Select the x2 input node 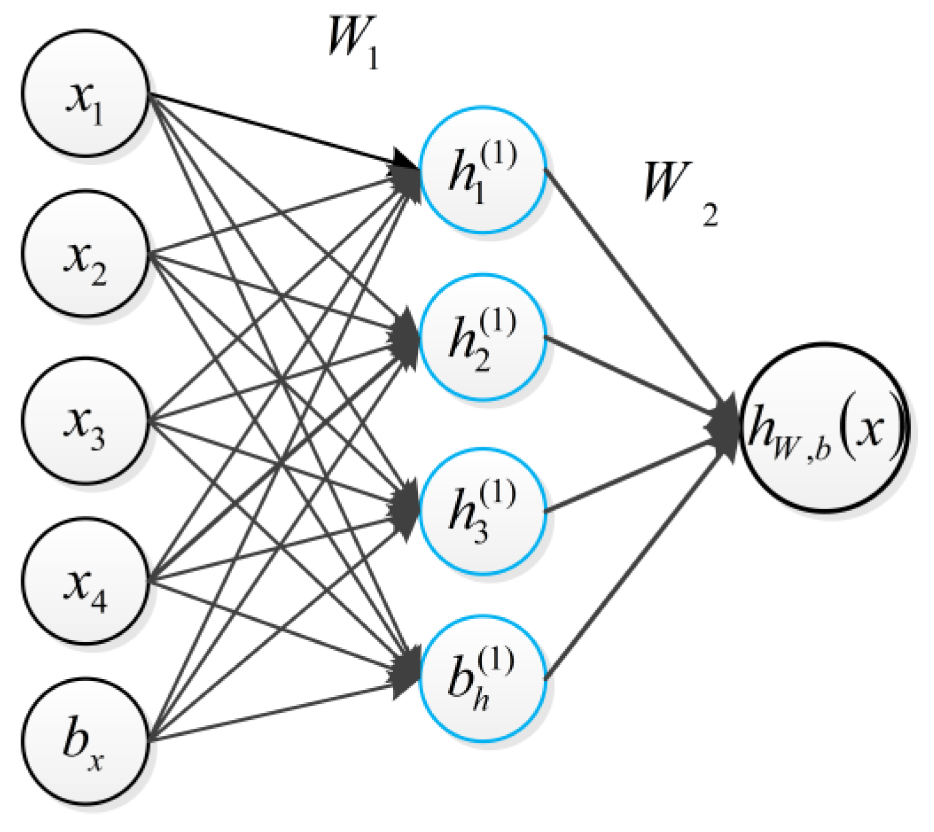tap(85, 254)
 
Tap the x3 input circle tap(85, 421)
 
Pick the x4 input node tap(85, 581)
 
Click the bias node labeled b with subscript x tap(85, 741)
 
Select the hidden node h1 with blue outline tap(482, 169)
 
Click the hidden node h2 tap(482, 338)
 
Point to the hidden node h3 tap(482, 510)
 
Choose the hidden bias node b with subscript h tap(482, 679)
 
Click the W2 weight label tap(679, 192)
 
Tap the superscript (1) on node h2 tap(498, 322)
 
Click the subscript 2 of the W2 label tap(710, 215)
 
